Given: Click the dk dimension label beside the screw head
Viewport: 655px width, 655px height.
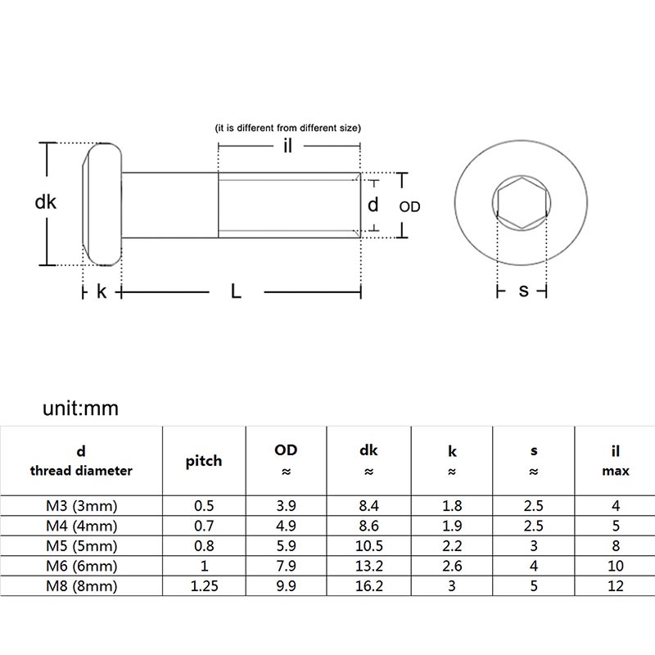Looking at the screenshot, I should click(x=46, y=201).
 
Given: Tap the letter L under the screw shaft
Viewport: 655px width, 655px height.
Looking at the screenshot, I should click(x=236, y=291).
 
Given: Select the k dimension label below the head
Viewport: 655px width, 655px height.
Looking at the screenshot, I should click(x=102, y=291).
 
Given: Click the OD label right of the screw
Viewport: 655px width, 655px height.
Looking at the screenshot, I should click(x=409, y=207).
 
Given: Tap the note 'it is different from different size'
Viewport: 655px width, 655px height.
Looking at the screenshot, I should click(x=287, y=129).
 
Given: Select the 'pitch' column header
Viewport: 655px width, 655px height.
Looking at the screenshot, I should click(x=203, y=461).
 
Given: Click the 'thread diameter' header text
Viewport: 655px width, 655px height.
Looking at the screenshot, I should click(x=81, y=471).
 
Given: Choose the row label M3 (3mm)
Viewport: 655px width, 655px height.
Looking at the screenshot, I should click(x=82, y=506).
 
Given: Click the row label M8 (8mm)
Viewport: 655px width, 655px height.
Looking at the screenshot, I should click(x=82, y=586).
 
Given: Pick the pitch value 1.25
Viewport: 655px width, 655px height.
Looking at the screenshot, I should click(x=203, y=586).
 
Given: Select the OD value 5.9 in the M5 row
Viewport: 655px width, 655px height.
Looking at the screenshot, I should click(x=286, y=546).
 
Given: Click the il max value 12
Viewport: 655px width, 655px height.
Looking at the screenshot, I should click(x=616, y=586).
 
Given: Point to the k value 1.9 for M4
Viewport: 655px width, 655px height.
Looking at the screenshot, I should click(x=451, y=526).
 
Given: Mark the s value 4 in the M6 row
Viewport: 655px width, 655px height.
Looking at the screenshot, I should click(x=533, y=566).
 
